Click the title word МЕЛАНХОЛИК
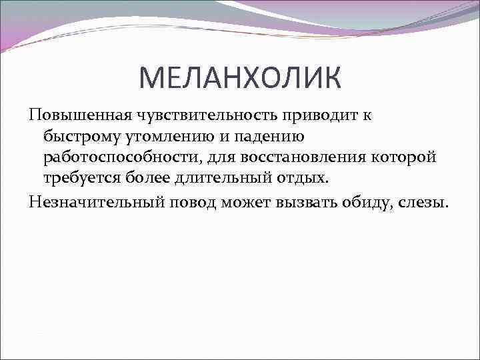[240, 78]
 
